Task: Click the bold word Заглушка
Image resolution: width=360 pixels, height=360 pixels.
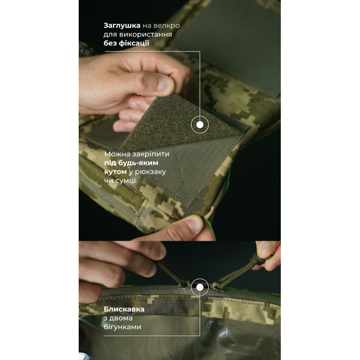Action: [x=122, y=26]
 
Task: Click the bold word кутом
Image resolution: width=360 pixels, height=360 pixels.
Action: [x=116, y=172]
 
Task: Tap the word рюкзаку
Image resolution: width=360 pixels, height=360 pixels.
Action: [x=150, y=172]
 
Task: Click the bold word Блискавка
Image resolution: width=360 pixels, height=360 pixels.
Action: [x=124, y=309]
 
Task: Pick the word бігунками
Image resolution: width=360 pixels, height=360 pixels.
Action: [x=122, y=327]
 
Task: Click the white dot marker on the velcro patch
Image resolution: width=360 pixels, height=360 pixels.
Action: [x=200, y=125]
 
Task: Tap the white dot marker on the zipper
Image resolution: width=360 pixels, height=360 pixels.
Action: [x=200, y=287]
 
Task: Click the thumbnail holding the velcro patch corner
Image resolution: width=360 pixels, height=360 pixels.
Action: [x=166, y=84]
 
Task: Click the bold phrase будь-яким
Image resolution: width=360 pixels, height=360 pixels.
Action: [x=138, y=163]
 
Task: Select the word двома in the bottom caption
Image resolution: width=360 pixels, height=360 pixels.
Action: [x=121, y=318]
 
